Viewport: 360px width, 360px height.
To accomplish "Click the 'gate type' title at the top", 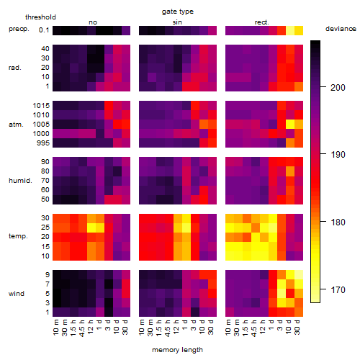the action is tap(178, 12).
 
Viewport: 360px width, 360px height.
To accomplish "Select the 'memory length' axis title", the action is tap(177, 350).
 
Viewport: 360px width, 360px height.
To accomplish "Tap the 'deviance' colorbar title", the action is tap(341, 29).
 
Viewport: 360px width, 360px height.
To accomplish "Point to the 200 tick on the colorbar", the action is tap(323, 86).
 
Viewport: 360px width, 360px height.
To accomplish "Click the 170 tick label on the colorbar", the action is tap(338, 290).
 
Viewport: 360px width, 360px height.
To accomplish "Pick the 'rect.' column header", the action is tap(262, 22).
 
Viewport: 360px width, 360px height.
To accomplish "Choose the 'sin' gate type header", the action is tap(177, 22).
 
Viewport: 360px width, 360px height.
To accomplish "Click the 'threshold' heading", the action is tap(40, 17).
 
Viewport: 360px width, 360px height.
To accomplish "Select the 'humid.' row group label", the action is tap(20, 181).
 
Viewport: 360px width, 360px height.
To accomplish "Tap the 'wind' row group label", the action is tap(17, 294).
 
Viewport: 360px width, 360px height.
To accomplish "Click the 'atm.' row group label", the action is tap(16, 125).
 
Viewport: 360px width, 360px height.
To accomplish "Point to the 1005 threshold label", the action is tap(41, 125).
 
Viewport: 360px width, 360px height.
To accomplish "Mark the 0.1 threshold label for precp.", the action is tap(44, 30).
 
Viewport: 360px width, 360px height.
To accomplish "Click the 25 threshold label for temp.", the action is tap(45, 227).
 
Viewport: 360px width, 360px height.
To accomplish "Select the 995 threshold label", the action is tap(43, 143).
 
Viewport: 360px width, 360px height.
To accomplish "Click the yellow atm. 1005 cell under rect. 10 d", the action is tap(290, 125).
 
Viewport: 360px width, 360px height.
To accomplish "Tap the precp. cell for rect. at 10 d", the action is tap(290, 30).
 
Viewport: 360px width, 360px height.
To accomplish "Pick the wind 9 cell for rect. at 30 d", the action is tap(299, 275).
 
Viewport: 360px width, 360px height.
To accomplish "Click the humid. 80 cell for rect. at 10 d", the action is tap(290, 171).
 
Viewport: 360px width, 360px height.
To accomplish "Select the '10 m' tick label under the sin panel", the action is tap(143, 327).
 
